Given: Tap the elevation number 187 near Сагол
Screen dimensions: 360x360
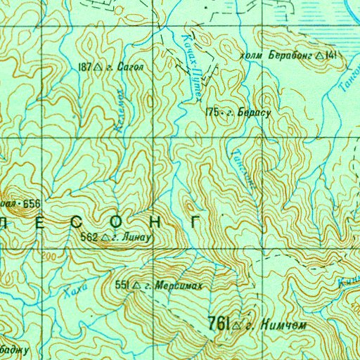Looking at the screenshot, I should coord(86,67).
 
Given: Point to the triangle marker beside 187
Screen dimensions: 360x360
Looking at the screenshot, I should coord(99,68).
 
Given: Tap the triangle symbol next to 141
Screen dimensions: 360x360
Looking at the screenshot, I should coord(321,54).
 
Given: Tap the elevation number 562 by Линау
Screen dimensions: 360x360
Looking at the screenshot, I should coord(90,238).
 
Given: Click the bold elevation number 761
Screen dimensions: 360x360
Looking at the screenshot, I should coord(218,323).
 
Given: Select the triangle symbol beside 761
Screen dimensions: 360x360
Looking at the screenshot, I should coord(237,324).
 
